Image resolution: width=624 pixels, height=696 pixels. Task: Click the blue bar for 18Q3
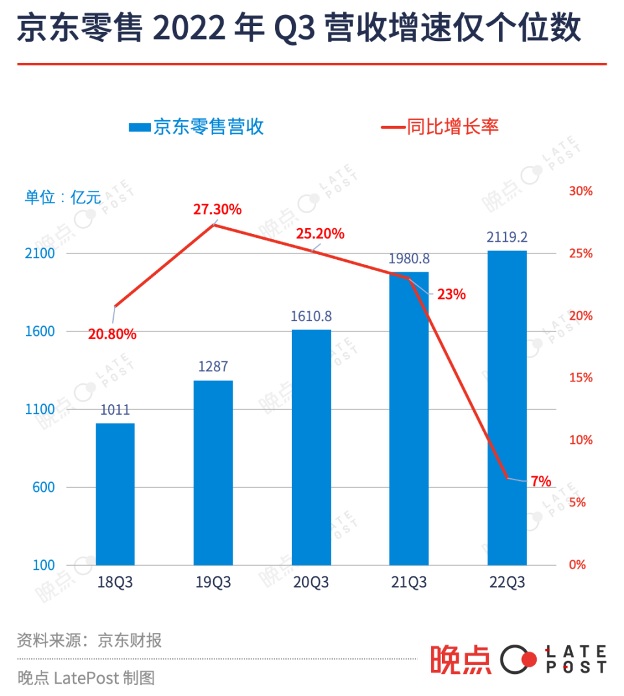[x=115, y=494]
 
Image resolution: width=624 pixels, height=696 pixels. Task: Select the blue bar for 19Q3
[x=213, y=472]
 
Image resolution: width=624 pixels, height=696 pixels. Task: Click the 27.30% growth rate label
[x=217, y=209]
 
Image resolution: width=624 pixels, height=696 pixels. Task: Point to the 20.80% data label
[x=112, y=334]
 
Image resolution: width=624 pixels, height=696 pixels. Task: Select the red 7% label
[x=540, y=482]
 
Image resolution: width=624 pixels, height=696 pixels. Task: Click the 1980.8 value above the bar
[x=409, y=259]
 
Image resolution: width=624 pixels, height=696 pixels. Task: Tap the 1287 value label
[x=213, y=367]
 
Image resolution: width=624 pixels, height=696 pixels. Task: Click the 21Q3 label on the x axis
[x=409, y=582]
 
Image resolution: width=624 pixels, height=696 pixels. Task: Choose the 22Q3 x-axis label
[x=507, y=582]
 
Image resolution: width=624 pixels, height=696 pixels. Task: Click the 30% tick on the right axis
[x=580, y=191]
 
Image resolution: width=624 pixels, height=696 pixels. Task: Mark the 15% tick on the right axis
[x=580, y=378]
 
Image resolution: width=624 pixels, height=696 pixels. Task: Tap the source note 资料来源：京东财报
[x=89, y=640]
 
